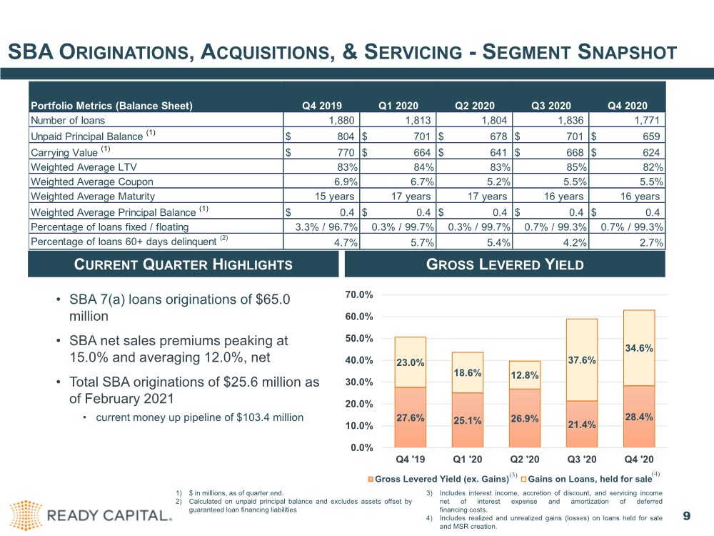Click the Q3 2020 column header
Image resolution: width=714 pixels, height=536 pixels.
550,106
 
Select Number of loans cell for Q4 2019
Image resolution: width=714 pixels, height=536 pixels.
321,120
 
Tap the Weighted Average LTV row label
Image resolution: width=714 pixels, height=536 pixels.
84,167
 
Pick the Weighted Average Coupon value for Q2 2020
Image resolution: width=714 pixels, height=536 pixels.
474,182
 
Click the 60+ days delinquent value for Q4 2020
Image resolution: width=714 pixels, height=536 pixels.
627,242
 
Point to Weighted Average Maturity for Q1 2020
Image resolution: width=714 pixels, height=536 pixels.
398,197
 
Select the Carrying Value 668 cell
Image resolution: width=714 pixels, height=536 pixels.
550,152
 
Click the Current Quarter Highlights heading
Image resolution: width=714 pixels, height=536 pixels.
183,264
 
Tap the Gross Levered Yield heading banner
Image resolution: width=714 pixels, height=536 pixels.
505,264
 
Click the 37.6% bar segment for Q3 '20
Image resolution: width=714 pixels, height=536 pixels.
582,360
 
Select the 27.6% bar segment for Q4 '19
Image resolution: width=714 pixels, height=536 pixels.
411,417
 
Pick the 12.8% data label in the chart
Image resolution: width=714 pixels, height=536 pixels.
525,376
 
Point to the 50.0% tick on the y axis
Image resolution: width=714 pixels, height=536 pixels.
359,339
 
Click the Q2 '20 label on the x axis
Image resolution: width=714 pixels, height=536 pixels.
525,460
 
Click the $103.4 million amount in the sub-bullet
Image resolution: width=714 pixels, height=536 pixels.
270,417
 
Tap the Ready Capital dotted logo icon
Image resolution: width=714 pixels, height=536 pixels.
26,515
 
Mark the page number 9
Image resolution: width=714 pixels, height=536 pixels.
687,516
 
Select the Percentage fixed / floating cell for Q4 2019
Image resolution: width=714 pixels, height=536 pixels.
321,227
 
